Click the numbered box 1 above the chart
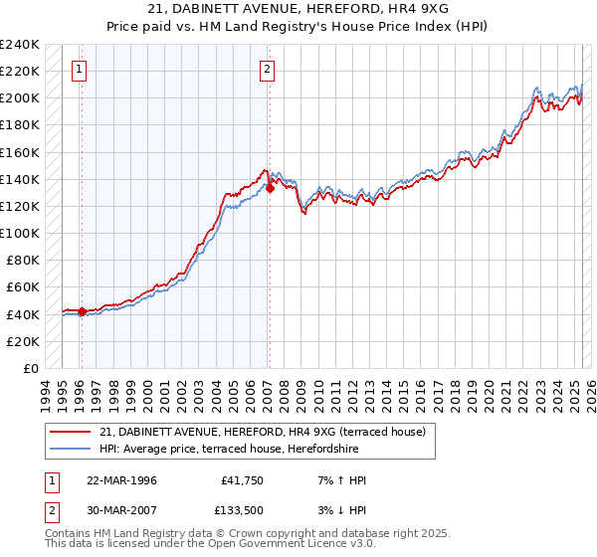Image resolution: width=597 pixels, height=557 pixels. click(79, 70)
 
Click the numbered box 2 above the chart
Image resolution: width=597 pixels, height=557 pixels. click(268, 70)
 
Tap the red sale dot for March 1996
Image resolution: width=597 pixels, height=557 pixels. click(82, 311)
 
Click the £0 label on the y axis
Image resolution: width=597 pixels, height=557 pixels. click(30, 368)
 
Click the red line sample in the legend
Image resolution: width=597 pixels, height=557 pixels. click(71, 431)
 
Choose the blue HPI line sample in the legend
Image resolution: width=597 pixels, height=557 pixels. click(71, 448)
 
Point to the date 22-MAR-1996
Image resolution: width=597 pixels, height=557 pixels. click(121, 480)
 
